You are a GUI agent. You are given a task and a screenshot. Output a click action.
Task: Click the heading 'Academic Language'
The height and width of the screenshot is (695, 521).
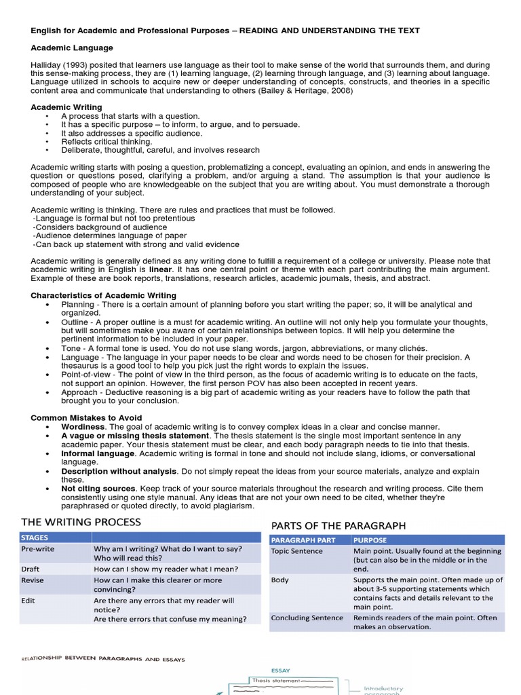pyautogui.click(x=72, y=48)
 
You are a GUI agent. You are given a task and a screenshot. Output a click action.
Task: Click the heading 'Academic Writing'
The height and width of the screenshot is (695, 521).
pyautogui.click(x=66, y=107)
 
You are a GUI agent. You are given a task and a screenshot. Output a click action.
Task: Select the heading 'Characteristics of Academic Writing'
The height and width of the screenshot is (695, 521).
pyautogui.click(x=103, y=295)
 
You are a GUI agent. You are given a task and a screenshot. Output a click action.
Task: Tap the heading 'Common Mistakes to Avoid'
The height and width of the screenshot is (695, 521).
pyautogui.click(x=86, y=417)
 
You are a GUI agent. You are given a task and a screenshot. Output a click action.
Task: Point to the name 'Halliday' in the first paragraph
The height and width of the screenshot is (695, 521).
pyautogui.click(x=47, y=66)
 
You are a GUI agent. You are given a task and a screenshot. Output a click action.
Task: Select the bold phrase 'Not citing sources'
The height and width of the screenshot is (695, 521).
pyautogui.click(x=99, y=488)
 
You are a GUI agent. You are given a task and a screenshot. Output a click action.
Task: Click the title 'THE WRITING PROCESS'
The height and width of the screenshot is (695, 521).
pyautogui.click(x=81, y=522)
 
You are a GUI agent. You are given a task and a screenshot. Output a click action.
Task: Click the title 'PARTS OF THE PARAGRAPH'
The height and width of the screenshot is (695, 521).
pyautogui.click(x=339, y=525)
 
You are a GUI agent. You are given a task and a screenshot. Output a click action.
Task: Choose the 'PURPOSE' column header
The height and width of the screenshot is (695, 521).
pyautogui.click(x=370, y=540)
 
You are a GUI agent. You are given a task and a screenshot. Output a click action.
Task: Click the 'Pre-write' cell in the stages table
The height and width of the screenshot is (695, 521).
pyautogui.click(x=38, y=548)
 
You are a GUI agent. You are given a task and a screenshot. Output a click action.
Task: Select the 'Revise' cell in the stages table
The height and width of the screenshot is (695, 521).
pyautogui.click(x=33, y=580)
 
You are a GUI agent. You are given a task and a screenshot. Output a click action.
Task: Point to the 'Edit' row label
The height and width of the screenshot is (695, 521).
pyautogui.click(x=28, y=601)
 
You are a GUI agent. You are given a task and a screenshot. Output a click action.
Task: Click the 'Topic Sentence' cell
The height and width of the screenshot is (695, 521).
pyautogui.click(x=297, y=551)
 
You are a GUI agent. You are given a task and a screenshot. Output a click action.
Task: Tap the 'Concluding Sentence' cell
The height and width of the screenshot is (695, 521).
pyautogui.click(x=306, y=618)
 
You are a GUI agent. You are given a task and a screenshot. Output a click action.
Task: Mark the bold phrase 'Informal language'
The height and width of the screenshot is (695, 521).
pyautogui.click(x=98, y=453)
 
